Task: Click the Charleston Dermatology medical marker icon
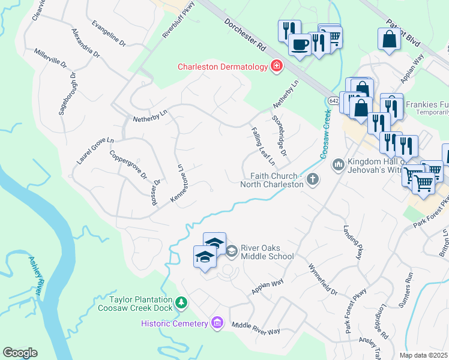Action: pos(277,66)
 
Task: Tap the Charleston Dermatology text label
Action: pos(222,67)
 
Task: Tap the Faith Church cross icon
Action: pos(312,179)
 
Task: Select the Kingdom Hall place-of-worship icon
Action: pos(339,163)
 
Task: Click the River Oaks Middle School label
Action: pos(267,252)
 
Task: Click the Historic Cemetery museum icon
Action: pos(217,323)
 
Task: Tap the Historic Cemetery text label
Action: pos(174,323)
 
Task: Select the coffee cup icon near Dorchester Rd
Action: pos(300,44)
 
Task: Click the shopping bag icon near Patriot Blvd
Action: pos(389,39)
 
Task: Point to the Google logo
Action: pos(20,353)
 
